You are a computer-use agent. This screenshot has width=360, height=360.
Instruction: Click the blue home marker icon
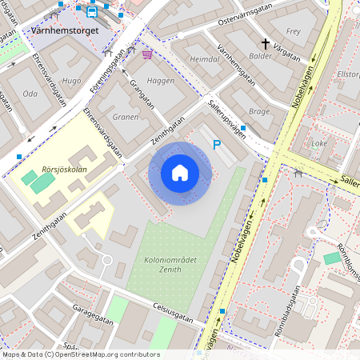pyautogui.click(x=180, y=173)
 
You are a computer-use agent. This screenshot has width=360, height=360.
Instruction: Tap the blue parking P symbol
pyautogui.click(x=216, y=145)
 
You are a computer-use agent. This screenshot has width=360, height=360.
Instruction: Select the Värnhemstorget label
pyautogui.click(x=65, y=30)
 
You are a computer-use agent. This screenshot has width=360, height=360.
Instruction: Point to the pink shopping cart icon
pyautogui.click(x=147, y=54)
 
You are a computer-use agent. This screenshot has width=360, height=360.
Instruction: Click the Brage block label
pyautogui.click(x=259, y=112)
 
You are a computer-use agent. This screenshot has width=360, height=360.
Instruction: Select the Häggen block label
pyautogui.click(x=160, y=82)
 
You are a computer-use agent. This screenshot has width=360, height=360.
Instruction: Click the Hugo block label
pyautogui.click(x=71, y=81)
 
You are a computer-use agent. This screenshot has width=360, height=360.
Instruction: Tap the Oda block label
pyautogui.click(x=30, y=94)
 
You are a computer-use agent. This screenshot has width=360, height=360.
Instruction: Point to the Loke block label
pyautogui.click(x=319, y=144)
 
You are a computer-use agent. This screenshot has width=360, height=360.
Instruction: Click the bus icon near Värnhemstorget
pyautogui.click(x=91, y=11)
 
